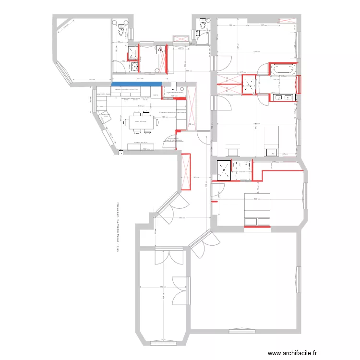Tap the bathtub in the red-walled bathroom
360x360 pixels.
point(283,70)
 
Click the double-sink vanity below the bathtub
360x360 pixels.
point(283,97)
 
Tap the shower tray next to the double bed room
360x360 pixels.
point(224,169)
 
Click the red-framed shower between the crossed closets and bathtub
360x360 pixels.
point(249,85)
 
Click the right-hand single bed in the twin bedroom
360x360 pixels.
point(272,139)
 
